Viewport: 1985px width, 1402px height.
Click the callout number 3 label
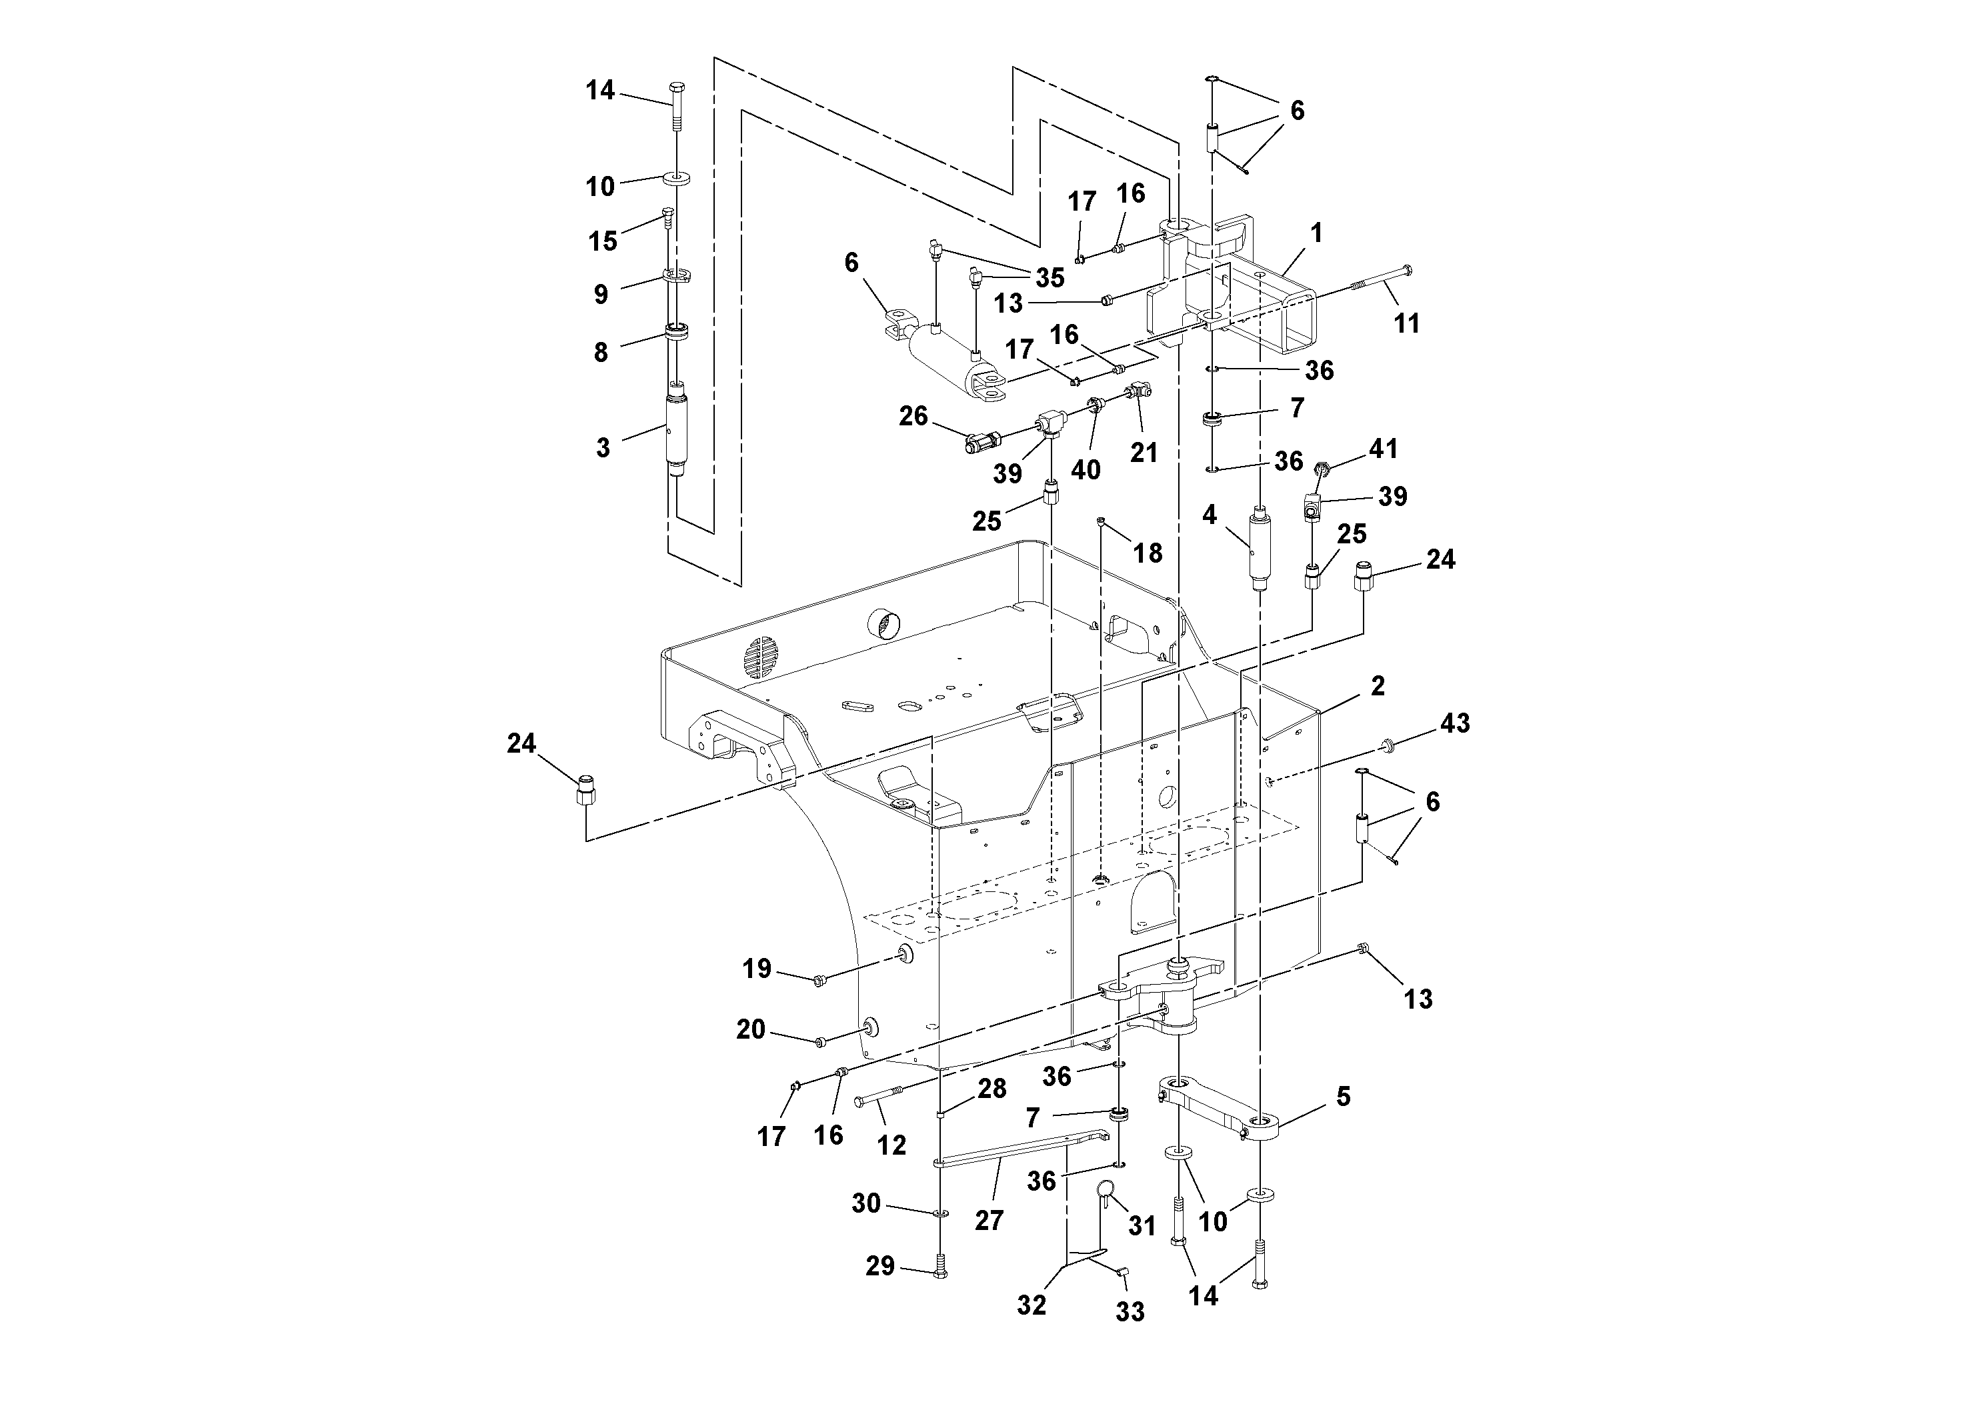coord(603,448)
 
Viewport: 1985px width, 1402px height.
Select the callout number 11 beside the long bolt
coord(1407,323)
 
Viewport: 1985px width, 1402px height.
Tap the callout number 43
coord(1454,723)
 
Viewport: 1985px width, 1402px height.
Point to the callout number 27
coord(989,1221)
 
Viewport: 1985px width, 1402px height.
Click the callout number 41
coord(1384,449)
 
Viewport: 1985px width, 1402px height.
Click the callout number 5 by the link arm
coord(1343,1097)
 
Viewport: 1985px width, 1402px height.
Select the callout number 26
coord(913,417)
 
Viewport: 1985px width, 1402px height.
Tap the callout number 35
coord(1050,277)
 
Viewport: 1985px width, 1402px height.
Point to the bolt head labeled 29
coord(941,1273)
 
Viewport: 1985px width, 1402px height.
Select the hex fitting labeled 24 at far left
coord(586,791)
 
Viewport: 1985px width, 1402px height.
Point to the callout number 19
coord(757,969)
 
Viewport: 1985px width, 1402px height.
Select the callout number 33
coord(1129,1312)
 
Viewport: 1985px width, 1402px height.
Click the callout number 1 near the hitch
coord(1316,233)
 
